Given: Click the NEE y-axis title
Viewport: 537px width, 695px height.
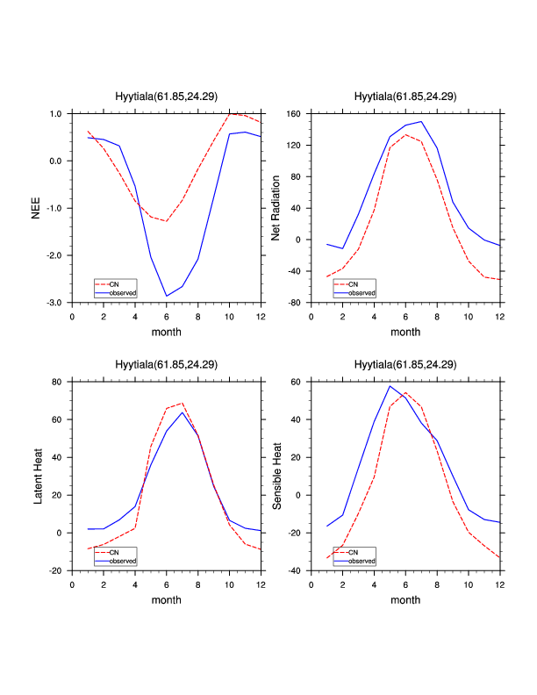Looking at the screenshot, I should [x=36, y=208].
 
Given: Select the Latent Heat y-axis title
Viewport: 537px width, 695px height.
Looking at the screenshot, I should [x=36, y=476].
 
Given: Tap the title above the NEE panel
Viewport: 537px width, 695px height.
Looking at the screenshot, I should [x=167, y=97].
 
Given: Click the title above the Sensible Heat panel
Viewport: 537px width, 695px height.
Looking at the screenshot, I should [x=405, y=364].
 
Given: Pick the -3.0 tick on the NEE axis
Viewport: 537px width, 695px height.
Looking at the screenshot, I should [x=54, y=303].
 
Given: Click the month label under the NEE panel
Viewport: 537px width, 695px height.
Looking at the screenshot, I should [x=167, y=332].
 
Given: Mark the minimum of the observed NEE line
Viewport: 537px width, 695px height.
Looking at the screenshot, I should [x=167, y=296].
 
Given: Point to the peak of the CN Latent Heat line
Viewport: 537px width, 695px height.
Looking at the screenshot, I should [x=183, y=404].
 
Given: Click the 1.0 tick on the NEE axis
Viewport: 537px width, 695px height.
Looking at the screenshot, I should [x=56, y=114].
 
